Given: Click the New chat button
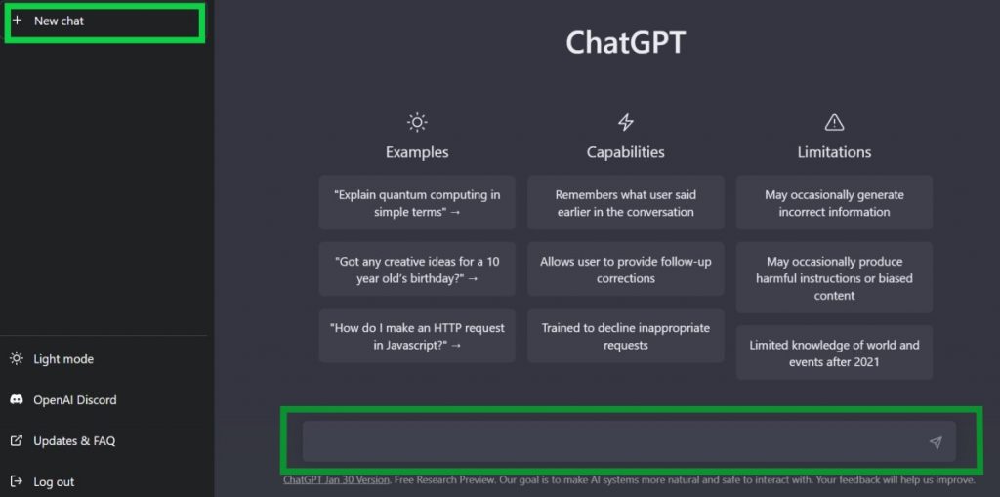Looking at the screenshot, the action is [x=104, y=21].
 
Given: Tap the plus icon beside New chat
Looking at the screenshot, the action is [x=18, y=21].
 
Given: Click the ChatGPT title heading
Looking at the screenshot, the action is [x=625, y=43].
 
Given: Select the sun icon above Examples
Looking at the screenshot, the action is [x=416, y=122].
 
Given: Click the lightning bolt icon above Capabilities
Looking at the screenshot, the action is [x=626, y=122].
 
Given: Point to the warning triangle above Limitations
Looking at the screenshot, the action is [x=834, y=122].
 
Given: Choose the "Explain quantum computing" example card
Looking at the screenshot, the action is [x=417, y=203].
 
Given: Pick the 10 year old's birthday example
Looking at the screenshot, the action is [x=417, y=269].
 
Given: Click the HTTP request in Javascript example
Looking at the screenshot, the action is [x=417, y=336].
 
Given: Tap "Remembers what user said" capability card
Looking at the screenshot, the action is [x=626, y=203].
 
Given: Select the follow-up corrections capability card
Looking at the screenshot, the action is [x=626, y=269].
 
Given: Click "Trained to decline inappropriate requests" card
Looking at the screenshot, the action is [x=626, y=336].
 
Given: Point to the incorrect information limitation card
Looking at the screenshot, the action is [x=834, y=203].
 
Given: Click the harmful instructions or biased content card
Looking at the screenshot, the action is [x=834, y=277].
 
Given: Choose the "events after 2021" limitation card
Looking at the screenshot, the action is [x=834, y=352].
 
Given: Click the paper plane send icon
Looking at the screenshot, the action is [x=936, y=442].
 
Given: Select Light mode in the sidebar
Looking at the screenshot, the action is [x=53, y=359].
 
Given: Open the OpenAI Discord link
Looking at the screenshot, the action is [x=63, y=400].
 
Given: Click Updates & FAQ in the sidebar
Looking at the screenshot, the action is [x=62, y=441].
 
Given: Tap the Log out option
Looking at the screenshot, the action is [x=42, y=481].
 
